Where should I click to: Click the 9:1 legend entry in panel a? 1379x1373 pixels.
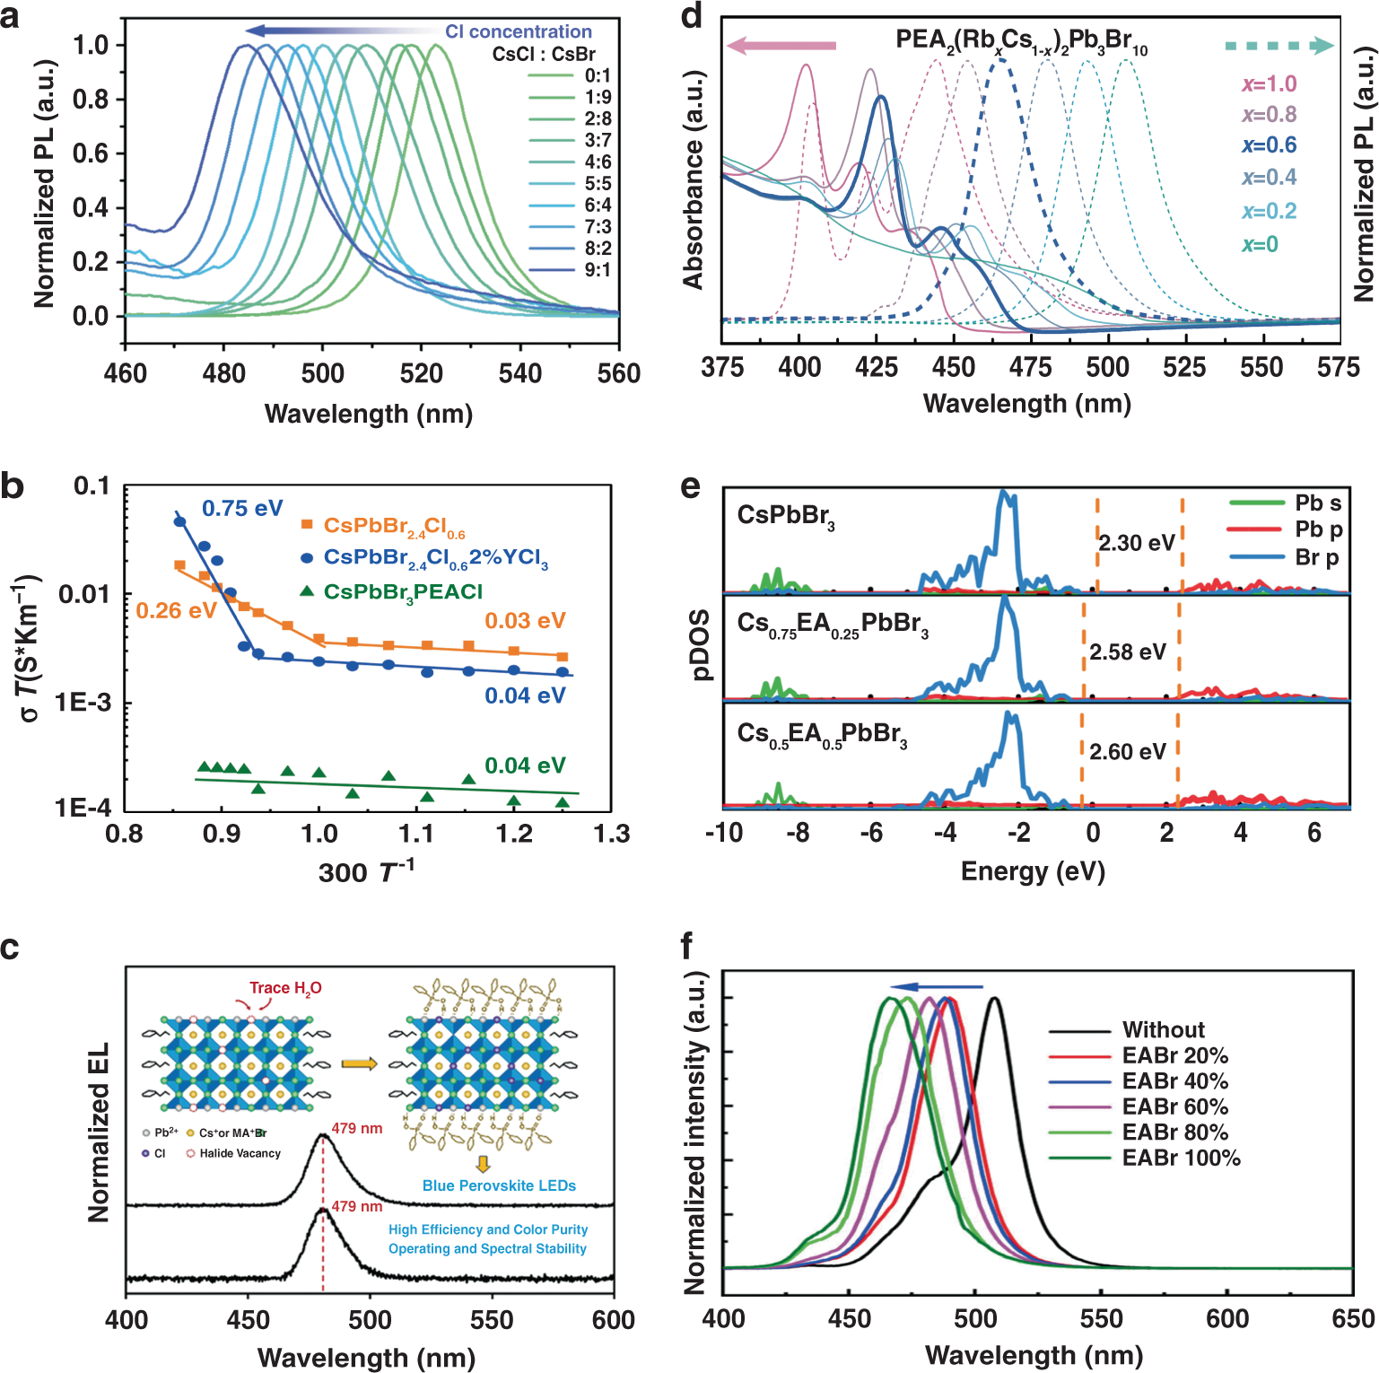pyautogui.click(x=598, y=270)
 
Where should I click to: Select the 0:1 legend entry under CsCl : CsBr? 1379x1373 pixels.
pyautogui.click(x=598, y=75)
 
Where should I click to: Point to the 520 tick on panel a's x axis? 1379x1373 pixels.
pyautogui.click(x=421, y=373)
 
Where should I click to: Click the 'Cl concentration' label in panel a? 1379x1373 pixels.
pyautogui.click(x=519, y=31)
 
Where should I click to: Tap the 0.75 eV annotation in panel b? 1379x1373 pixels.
pyautogui.click(x=242, y=509)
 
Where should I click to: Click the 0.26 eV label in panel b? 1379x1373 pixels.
pyautogui.click(x=176, y=611)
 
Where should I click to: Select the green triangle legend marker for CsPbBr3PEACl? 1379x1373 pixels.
pyautogui.click(x=307, y=591)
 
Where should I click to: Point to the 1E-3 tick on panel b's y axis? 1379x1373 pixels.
pyautogui.click(x=83, y=702)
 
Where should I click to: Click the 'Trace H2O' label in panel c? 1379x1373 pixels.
pyautogui.click(x=285, y=988)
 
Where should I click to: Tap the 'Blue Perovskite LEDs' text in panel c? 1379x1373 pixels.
pyautogui.click(x=499, y=1185)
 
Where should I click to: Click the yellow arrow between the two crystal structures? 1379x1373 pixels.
pyautogui.click(x=359, y=1063)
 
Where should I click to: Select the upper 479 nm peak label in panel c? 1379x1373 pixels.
pyautogui.click(x=357, y=1128)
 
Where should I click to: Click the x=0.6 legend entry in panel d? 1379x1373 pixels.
pyautogui.click(x=1269, y=145)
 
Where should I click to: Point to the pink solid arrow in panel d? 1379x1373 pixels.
pyautogui.click(x=781, y=46)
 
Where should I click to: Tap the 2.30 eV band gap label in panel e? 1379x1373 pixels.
pyautogui.click(x=1136, y=543)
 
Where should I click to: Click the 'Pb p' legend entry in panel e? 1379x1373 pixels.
pyautogui.click(x=1318, y=529)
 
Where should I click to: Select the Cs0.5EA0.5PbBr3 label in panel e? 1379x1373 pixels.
pyautogui.click(x=822, y=735)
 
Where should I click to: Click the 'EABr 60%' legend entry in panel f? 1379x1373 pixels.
pyautogui.click(x=1174, y=1106)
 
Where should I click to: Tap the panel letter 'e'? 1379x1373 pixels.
pyautogui.click(x=690, y=486)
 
